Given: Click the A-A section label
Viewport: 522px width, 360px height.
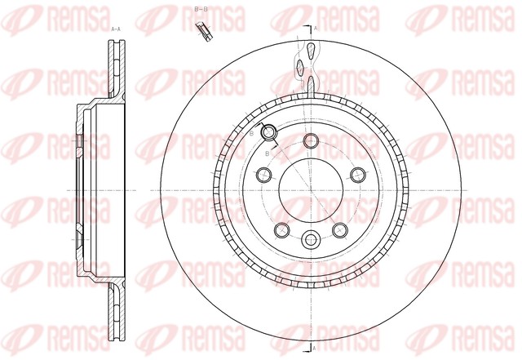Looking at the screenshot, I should [116, 28].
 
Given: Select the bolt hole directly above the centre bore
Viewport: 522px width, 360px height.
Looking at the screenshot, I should [311, 141].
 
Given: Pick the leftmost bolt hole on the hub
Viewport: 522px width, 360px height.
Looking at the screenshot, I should [263, 175].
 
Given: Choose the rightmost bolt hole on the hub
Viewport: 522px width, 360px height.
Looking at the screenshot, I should [357, 174].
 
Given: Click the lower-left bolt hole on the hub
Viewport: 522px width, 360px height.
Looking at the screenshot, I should [281, 229].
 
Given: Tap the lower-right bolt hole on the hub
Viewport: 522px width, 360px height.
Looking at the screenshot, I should [340, 229].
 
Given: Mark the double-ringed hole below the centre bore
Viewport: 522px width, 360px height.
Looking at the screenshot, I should [311, 240].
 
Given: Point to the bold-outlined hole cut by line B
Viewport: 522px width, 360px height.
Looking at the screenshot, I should [268, 133].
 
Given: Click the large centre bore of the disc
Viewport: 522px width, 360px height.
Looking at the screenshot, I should [311, 190].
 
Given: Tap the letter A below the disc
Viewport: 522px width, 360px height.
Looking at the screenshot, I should [315, 349].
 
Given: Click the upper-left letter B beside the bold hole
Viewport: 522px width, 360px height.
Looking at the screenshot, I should [252, 131].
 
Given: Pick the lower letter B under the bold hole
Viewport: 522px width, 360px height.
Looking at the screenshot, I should [267, 152].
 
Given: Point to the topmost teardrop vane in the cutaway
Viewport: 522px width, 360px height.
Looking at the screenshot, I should [311, 52].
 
